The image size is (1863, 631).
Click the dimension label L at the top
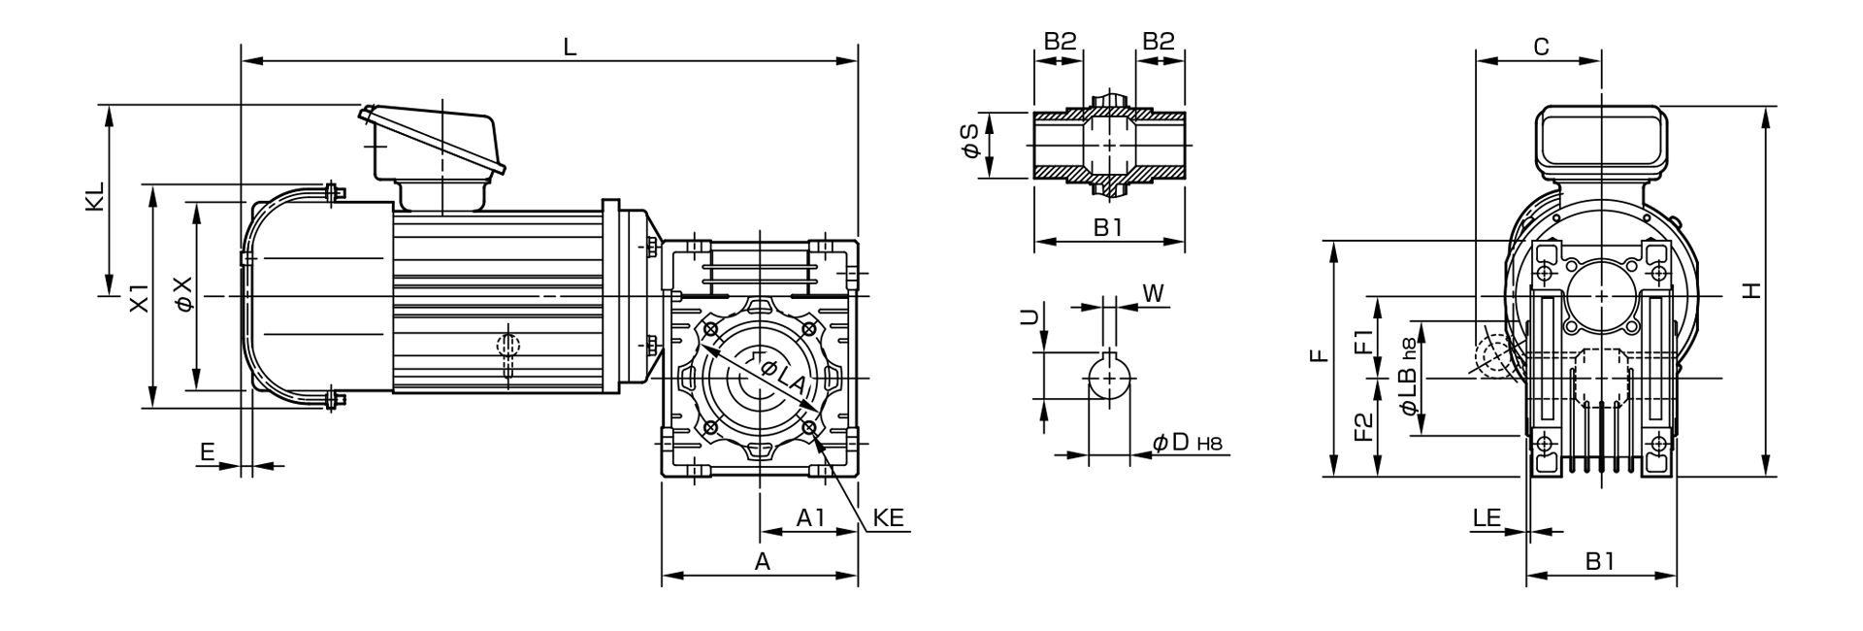pyautogui.click(x=571, y=47)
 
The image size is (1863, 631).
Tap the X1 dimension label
pyautogui.click(x=140, y=297)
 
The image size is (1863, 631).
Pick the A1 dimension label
pyautogui.click(x=810, y=517)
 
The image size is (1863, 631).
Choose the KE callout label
pyautogui.click(x=888, y=517)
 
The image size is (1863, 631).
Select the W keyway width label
pyautogui.click(x=1154, y=292)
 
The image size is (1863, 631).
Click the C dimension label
pyautogui.click(x=1540, y=46)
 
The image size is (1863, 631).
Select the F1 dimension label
pyautogui.click(x=1363, y=342)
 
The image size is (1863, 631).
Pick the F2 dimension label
pyautogui.click(x=1363, y=427)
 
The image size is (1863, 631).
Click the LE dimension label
pyautogui.click(x=1487, y=517)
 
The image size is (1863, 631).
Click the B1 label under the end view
pyautogui.click(x=1600, y=561)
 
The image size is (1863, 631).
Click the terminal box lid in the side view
pyautogui.click(x=433, y=142)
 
